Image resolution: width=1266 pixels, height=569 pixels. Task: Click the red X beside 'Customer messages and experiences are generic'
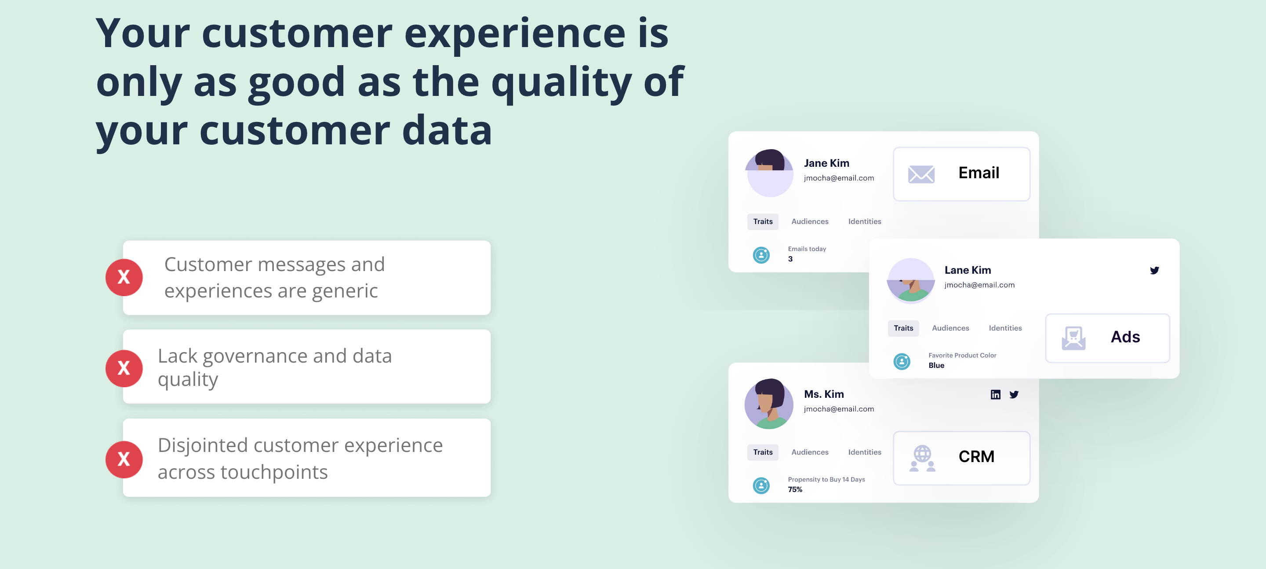coord(124,277)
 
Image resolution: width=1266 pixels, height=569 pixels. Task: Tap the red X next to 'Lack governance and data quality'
coord(124,368)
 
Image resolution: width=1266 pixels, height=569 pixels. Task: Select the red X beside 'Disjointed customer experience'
coord(124,460)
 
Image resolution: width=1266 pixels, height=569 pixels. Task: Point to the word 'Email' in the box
coord(979,173)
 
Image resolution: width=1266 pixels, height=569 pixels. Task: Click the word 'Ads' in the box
coord(1125,337)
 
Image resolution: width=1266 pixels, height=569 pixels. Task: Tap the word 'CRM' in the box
coord(976,456)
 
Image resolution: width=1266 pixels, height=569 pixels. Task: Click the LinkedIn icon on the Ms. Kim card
coord(995,394)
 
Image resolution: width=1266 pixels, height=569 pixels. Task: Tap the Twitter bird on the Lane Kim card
coord(1154,271)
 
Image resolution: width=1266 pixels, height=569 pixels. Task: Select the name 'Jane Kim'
coord(826,163)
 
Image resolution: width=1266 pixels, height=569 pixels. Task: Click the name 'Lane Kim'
coord(967,270)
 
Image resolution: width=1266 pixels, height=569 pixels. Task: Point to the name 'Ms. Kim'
coord(824,394)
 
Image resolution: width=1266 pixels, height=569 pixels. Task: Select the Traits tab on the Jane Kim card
coord(763,222)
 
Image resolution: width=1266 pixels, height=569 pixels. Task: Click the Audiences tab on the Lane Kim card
coord(950,328)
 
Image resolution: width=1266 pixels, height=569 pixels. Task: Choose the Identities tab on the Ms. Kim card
coord(865,452)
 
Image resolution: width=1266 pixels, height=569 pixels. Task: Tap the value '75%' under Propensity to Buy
coord(795,489)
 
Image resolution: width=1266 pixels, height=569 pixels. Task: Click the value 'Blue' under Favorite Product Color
coord(936,365)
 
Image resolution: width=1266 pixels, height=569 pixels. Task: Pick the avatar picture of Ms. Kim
coord(769,404)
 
